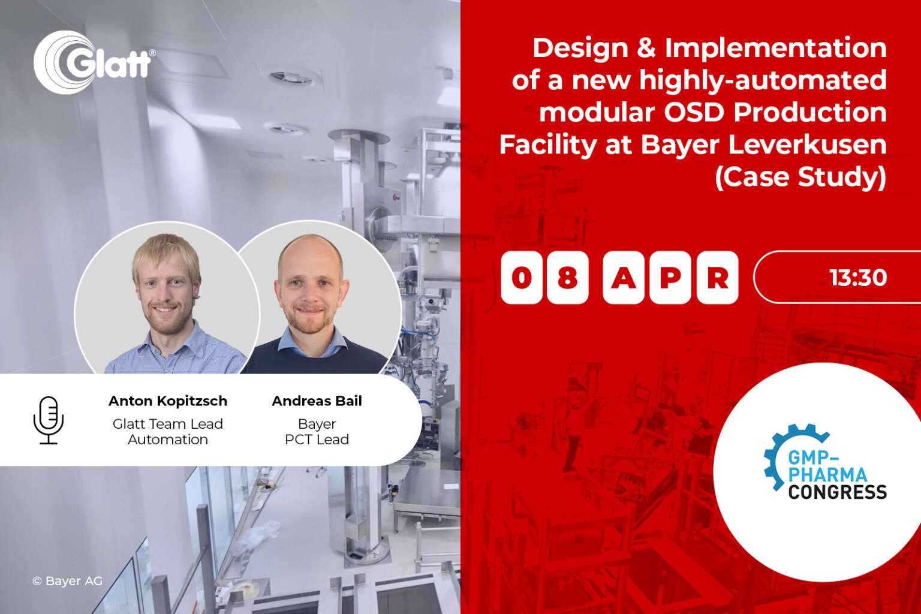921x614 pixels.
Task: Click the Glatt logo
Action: click(94, 62)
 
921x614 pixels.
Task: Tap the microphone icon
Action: click(49, 420)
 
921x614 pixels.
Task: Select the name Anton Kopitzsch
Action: click(168, 401)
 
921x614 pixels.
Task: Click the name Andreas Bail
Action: click(317, 401)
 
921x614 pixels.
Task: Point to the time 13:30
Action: click(857, 278)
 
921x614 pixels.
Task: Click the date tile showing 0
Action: click(522, 278)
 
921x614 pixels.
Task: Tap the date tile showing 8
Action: click(567, 278)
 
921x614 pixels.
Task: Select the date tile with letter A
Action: click(623, 278)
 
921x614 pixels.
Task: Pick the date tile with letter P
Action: click(670, 278)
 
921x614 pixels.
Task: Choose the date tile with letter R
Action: click(717, 278)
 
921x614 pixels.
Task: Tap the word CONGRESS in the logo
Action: click(837, 492)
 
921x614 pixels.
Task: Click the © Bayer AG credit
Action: click(67, 581)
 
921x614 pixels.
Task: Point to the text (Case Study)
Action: click(800, 177)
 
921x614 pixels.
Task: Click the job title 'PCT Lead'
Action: click(317, 440)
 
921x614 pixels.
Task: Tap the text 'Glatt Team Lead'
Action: click(168, 424)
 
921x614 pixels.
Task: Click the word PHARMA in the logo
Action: click(827, 475)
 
